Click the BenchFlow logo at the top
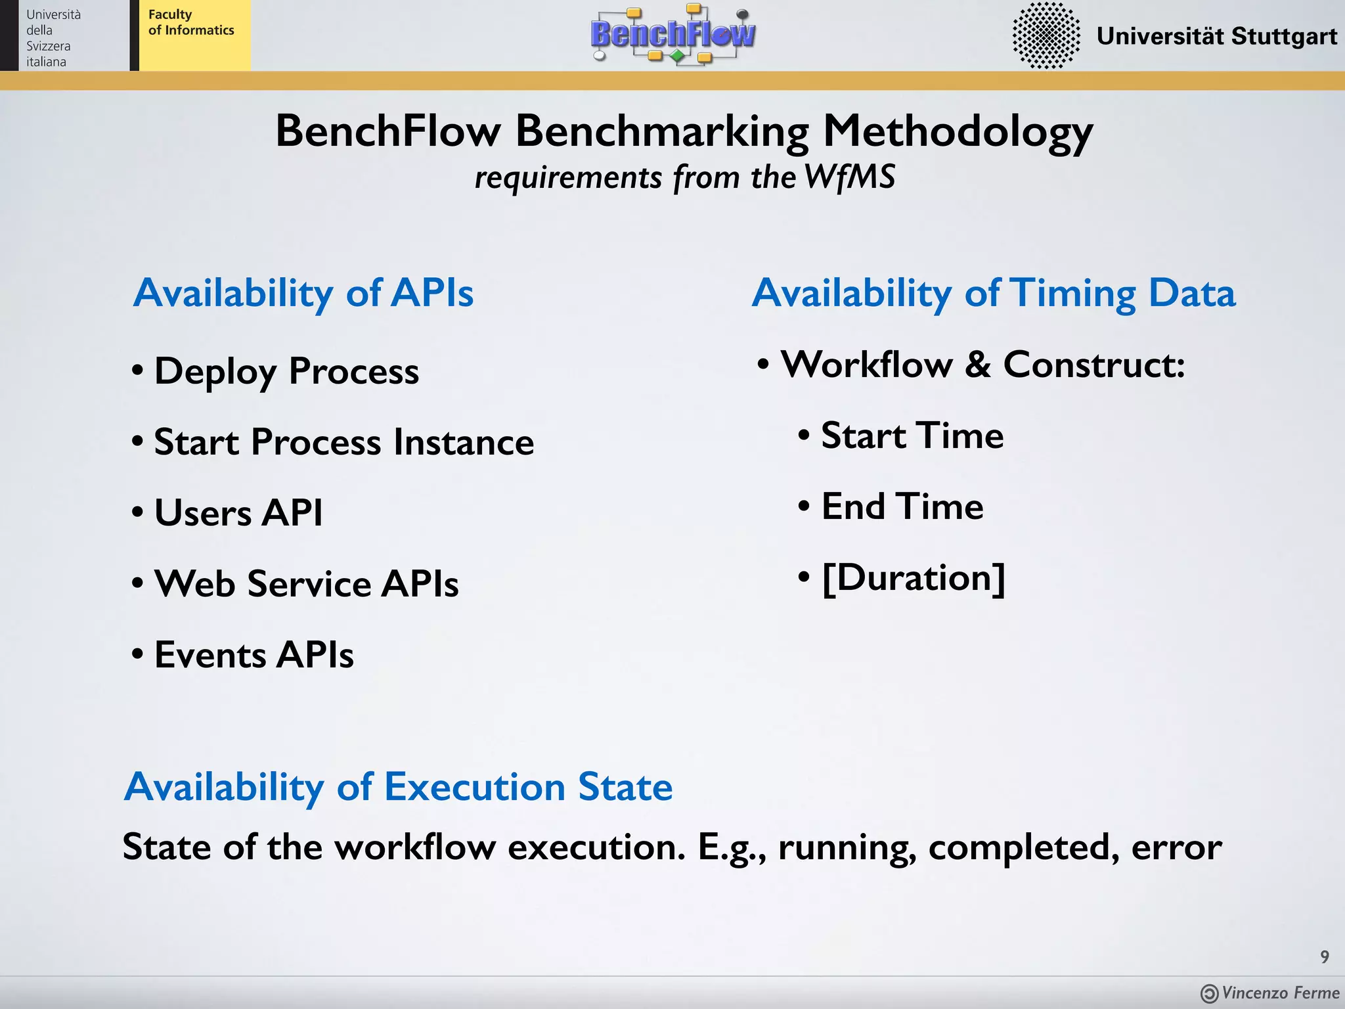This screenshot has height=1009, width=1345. pos(672,34)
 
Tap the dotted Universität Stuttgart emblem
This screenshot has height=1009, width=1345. pos(1046,35)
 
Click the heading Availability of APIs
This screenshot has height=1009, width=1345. pos(303,292)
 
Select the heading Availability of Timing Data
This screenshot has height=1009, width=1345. pos(993,292)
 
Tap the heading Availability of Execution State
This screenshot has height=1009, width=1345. pos(398,786)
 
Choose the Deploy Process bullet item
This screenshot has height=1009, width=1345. pos(286,371)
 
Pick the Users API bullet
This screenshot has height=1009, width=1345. pos(238,512)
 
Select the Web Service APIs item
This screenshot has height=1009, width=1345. pos(306,583)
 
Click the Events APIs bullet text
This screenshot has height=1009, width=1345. pos(254,654)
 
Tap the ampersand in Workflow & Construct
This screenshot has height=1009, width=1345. pos(978,365)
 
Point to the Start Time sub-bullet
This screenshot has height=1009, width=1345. pos(912,435)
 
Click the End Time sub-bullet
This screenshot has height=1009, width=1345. pos(902,506)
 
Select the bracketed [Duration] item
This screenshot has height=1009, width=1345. pos(914,577)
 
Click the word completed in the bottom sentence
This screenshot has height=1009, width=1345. pos(1023,847)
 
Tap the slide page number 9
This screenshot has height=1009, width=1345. pos(1325,956)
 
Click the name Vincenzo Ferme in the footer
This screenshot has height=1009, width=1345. pos(1280,993)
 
